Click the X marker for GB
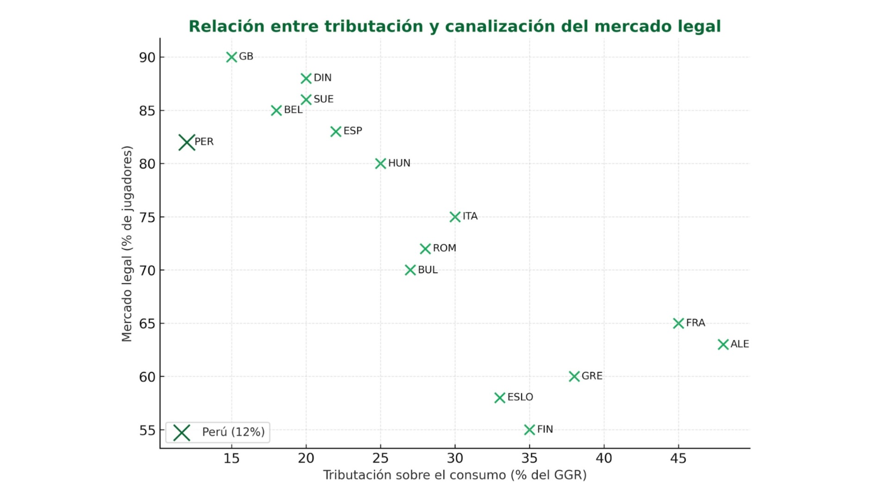coord(232,57)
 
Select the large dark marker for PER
coord(187,142)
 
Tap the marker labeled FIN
coord(529,430)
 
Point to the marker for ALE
coord(723,344)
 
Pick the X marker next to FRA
coord(678,323)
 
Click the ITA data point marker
coord(455,217)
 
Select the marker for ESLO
coord(499,398)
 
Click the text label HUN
coord(399,163)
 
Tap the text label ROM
coord(444,248)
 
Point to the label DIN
coord(322,78)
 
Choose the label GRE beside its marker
coord(591,376)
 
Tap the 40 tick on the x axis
coord(603,458)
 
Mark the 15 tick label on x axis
coord(231,458)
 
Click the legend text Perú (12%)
coord(233,432)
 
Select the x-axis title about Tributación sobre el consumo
coord(454,475)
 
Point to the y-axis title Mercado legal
coord(127,244)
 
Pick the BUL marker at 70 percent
coord(410,270)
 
